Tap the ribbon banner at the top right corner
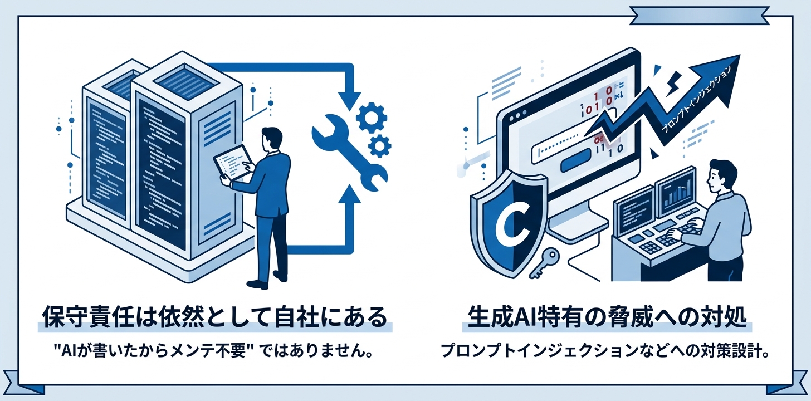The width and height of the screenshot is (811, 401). click(699, 16)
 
